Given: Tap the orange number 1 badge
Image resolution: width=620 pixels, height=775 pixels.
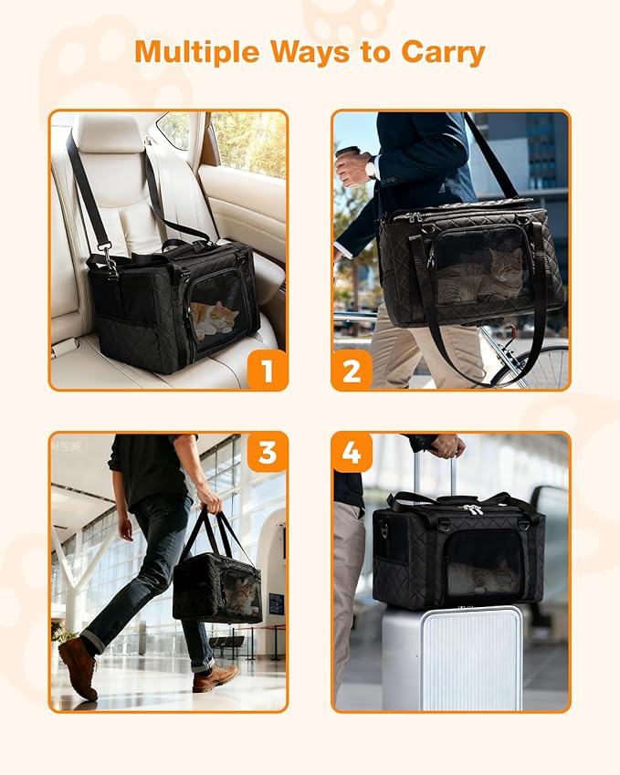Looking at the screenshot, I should click(x=267, y=370).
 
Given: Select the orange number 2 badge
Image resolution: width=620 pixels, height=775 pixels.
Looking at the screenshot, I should click(x=352, y=370).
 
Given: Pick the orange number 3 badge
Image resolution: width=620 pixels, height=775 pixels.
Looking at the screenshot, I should click(x=267, y=452).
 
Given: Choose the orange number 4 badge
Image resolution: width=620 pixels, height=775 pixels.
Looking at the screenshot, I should click(x=352, y=452).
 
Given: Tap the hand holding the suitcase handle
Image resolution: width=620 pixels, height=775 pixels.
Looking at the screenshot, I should click(x=447, y=445).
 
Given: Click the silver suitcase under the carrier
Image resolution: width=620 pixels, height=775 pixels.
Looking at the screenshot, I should click(x=452, y=657).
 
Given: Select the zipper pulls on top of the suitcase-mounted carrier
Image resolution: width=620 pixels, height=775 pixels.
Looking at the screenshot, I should click(x=471, y=508).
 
